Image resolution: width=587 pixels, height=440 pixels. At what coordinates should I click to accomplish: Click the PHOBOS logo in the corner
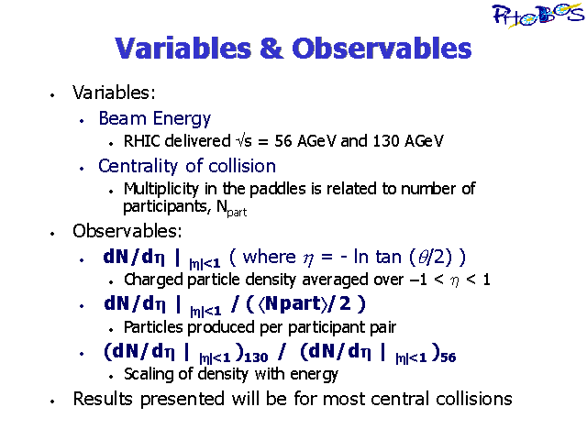coord(538,15)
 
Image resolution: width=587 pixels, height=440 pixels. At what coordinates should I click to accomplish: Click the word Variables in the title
coord(183,49)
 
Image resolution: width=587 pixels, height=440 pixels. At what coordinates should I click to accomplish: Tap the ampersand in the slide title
coord(271,49)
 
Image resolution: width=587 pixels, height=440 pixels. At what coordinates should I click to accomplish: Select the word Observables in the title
coord(382,49)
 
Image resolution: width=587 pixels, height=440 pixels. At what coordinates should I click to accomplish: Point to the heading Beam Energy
coord(155,119)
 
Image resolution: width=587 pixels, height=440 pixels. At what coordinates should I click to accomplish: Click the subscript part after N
coord(237,213)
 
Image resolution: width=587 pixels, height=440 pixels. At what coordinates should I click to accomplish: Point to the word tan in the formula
coord(390,257)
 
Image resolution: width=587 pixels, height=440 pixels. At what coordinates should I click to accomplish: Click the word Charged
coord(153,280)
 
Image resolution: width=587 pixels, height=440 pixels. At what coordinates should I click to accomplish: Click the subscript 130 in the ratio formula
coord(256,357)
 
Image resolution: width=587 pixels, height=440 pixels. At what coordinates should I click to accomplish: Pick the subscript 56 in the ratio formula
coord(449,357)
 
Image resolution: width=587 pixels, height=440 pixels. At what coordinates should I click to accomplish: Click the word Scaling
coord(149,375)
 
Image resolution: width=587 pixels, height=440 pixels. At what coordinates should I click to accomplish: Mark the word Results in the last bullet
coord(103,399)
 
